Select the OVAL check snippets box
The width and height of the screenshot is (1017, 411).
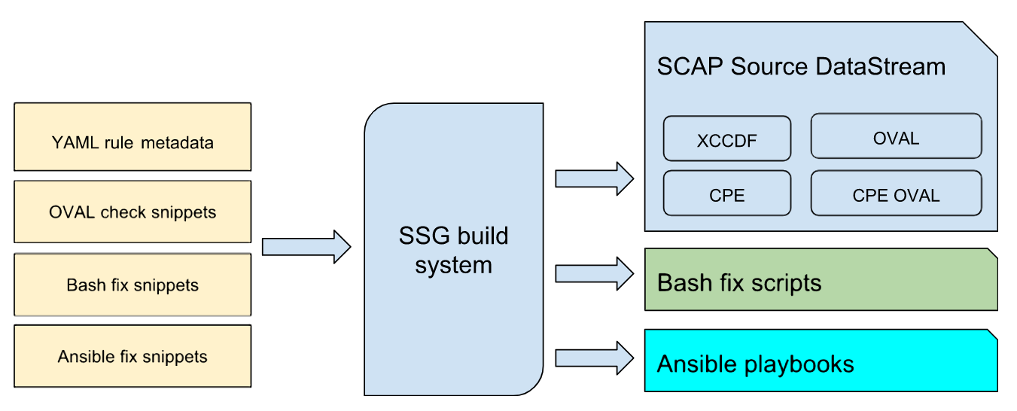click(132, 212)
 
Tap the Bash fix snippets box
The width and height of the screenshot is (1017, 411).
click(132, 285)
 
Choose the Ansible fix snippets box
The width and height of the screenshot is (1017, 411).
click(132, 356)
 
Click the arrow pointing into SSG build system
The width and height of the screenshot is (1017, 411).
click(306, 247)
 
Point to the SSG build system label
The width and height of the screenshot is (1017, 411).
click(453, 250)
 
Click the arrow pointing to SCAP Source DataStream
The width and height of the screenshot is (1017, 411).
click(594, 178)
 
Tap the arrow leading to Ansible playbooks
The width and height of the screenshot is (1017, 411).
click(594, 358)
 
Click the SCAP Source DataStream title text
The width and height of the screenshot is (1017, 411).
click(801, 66)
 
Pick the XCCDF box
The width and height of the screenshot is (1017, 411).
click(726, 139)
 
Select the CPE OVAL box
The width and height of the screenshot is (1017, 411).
click(896, 195)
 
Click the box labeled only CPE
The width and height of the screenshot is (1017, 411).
click(726, 195)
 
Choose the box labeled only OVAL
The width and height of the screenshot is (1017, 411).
click(896, 139)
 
